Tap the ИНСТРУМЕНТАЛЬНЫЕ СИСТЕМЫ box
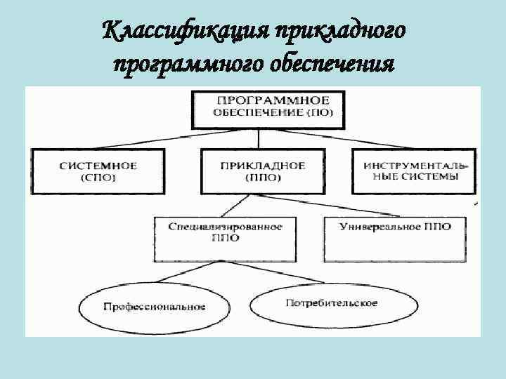[413, 171]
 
